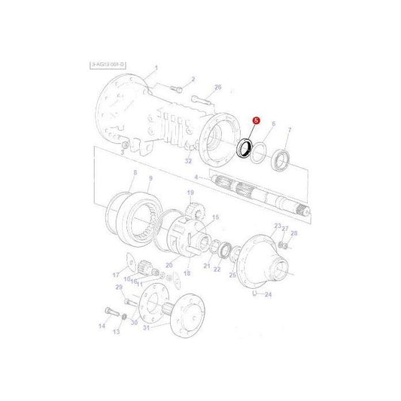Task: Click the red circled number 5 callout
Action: point(256,120)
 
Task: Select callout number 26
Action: point(218,87)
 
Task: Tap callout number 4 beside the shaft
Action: point(196,178)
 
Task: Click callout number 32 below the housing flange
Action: point(188,160)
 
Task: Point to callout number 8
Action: point(134,173)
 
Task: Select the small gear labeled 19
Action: point(190,208)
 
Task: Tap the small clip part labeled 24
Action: point(257,293)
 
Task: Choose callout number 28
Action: point(294,233)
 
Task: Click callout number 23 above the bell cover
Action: point(277,226)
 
